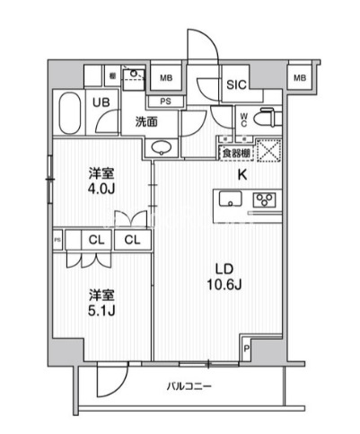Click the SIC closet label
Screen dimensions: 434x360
[x=236, y=85]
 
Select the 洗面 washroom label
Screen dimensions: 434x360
[x=147, y=121]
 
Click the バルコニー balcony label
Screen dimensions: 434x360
[x=188, y=386]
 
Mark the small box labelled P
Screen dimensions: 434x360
[x=247, y=349]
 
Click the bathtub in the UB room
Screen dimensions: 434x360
[x=69, y=113]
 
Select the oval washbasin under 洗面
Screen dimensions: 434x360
[x=162, y=148]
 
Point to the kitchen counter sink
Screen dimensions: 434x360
[x=231, y=201]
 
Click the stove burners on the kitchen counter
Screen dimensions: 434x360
[x=265, y=200]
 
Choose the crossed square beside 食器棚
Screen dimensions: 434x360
[x=270, y=153]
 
